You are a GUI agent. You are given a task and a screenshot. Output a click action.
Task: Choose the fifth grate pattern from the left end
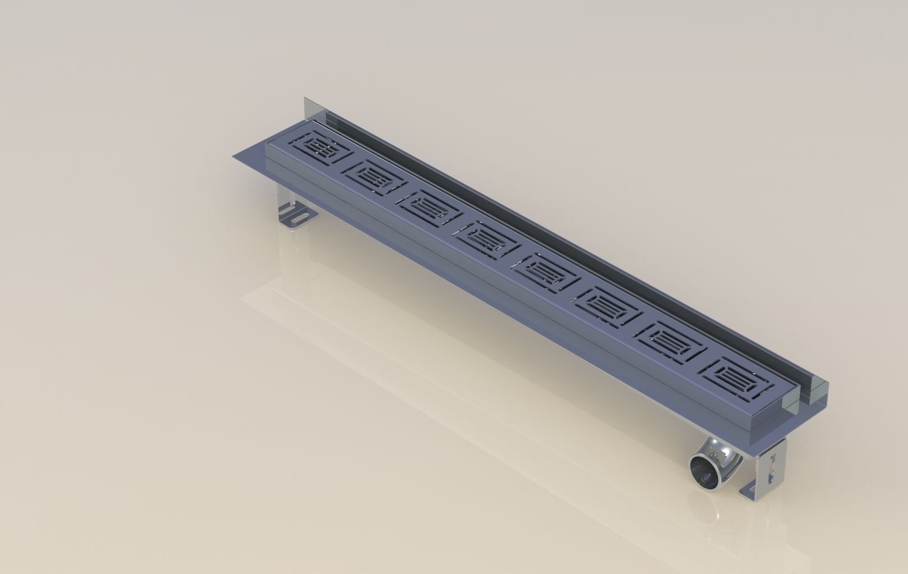(545, 272)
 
